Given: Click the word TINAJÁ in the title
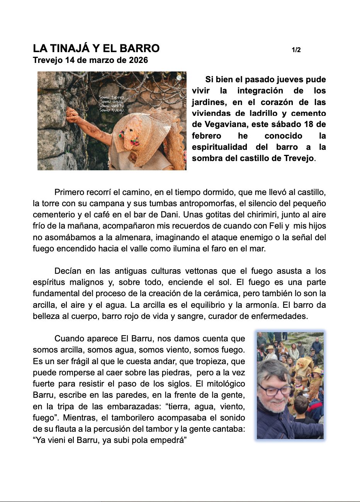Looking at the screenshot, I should click(x=70, y=49).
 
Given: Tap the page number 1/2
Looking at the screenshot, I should click(x=296, y=50).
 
